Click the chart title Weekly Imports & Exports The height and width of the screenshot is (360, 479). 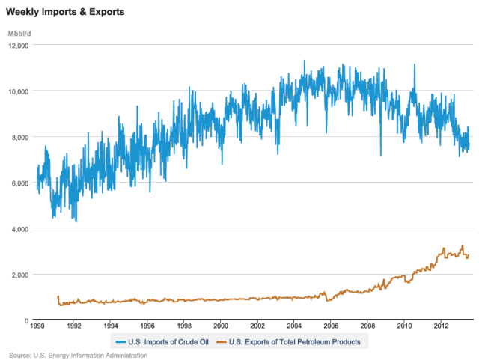click(x=65, y=13)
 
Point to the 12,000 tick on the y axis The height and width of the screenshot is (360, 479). click(x=17, y=46)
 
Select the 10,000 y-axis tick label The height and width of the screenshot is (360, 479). click(x=17, y=91)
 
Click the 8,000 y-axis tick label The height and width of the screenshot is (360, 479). click(x=19, y=138)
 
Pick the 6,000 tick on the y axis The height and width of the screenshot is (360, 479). click(x=19, y=183)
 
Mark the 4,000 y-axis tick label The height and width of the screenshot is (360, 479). click(x=19, y=229)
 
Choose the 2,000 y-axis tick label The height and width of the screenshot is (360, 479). click(x=19, y=275)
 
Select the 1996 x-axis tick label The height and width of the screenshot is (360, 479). click(x=147, y=326)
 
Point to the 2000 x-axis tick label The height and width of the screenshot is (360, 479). click(x=220, y=326)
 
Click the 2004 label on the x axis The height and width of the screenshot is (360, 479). click(x=293, y=326)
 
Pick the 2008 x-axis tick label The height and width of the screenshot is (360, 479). click(x=367, y=326)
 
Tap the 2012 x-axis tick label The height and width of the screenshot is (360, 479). click(x=440, y=326)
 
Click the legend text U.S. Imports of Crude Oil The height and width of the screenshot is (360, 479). click(x=168, y=342)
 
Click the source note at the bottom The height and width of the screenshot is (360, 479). click(x=79, y=355)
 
